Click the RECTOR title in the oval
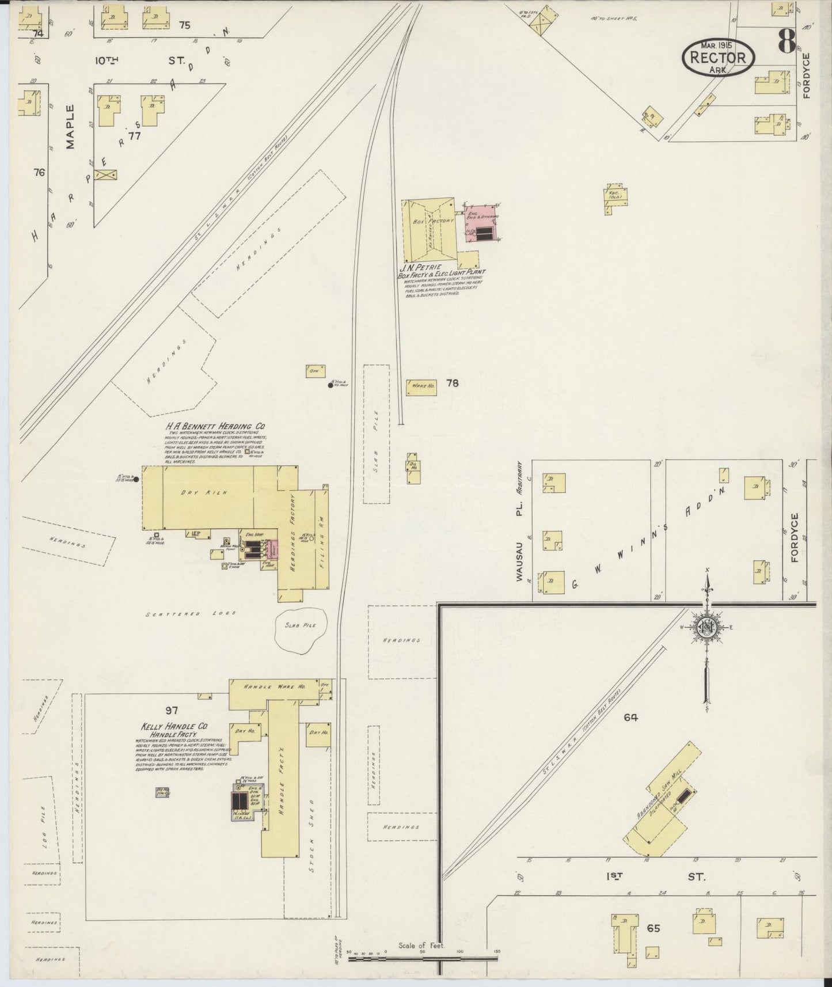click(718, 58)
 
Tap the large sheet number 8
click(786, 41)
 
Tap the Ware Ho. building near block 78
click(421, 387)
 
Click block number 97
click(172, 711)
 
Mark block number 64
click(630, 718)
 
